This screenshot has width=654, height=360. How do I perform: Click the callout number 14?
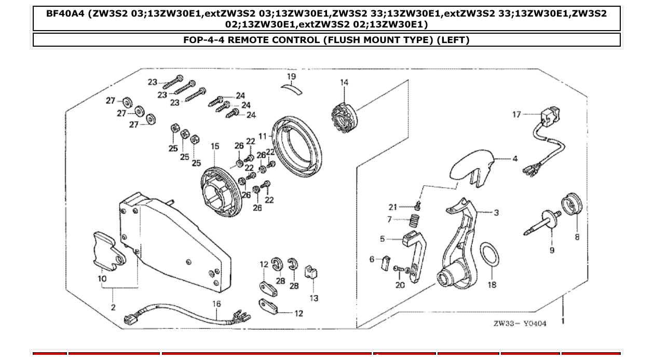(344, 82)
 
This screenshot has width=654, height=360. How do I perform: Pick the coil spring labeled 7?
(415, 220)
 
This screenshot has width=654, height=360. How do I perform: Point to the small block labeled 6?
(384, 262)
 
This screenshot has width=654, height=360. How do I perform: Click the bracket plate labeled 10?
(106, 252)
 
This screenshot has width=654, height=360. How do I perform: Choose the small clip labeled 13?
(312, 272)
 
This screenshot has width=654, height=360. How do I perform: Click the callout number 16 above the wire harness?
(216, 303)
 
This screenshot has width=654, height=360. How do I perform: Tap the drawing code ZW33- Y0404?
(520, 323)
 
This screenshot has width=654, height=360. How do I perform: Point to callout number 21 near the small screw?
(392, 207)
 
